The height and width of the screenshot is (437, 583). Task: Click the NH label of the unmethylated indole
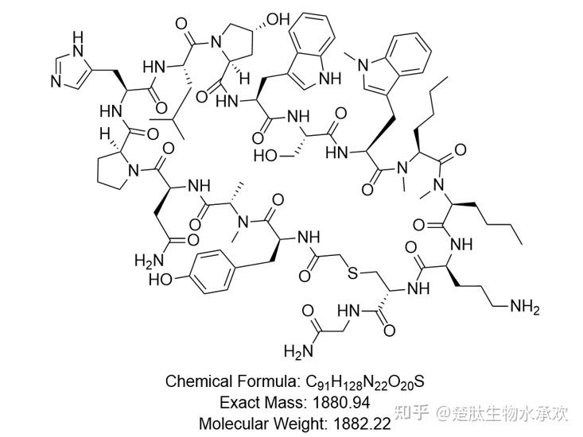point(329,79)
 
